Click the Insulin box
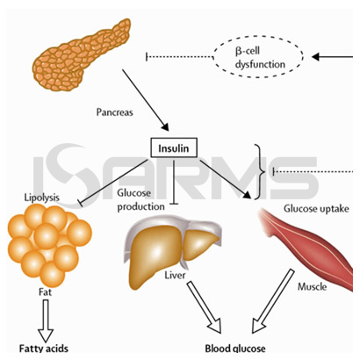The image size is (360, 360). tap(174, 148)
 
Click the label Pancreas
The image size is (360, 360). tap(114, 112)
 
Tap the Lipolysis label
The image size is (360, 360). tap(41, 198)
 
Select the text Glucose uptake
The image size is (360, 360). tap(316, 208)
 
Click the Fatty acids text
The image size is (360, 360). tap(44, 349)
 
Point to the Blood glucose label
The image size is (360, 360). tap(235, 349)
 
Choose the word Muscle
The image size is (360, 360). tap(312, 286)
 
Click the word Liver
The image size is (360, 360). tap(175, 275)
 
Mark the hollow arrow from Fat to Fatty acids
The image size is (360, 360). tap(46, 320)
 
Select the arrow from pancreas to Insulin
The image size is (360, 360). tap(146, 100)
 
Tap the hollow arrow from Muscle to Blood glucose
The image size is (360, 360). tap(273, 301)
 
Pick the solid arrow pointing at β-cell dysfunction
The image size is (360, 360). tap(332, 56)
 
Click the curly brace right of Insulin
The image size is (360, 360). tap(260, 172)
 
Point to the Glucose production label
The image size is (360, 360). tap(140, 200)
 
